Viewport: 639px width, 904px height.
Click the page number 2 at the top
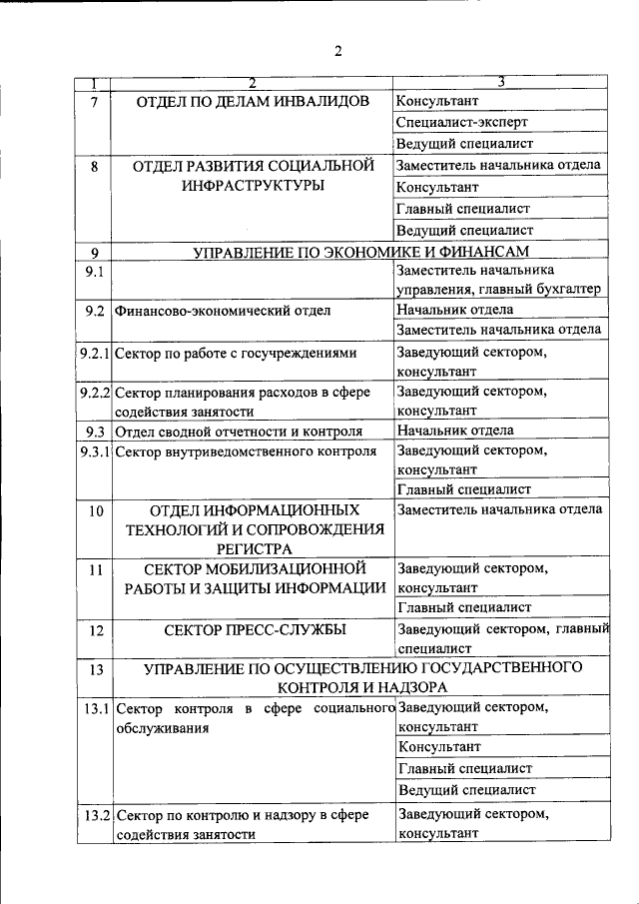coord(338,52)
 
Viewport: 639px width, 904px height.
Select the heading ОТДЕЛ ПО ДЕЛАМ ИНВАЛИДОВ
coord(254,102)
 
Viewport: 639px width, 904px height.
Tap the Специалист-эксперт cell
coord(461,123)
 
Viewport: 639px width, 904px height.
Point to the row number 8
coord(95,167)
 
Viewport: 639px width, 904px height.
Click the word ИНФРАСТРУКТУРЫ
coord(253,187)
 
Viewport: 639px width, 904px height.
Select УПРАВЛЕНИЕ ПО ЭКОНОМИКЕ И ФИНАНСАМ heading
coord(360,252)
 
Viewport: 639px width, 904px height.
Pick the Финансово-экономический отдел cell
coord(223,311)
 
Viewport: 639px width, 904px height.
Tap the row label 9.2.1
coord(95,353)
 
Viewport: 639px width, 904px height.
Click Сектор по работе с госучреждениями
coord(236,353)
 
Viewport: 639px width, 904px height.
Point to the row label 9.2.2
coord(95,393)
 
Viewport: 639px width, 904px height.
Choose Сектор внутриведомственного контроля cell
coord(246,452)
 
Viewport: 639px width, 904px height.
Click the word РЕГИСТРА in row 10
coord(253,548)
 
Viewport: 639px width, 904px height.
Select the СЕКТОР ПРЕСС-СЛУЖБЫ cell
coord(254,630)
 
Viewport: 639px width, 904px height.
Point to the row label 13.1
coord(96,709)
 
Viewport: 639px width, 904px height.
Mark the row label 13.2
coord(96,815)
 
